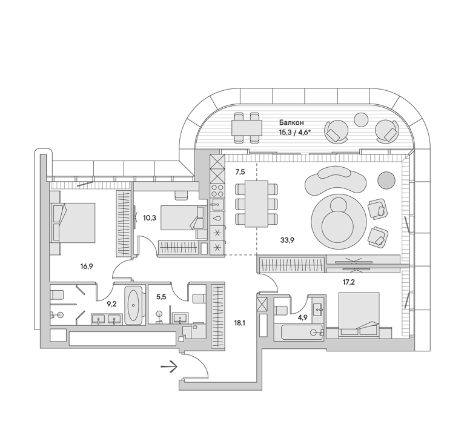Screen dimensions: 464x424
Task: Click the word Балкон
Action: coord(291,122)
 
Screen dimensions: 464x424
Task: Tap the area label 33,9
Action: coord(287,240)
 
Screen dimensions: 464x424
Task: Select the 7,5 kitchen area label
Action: coord(240,171)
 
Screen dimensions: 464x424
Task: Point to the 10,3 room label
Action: coord(150,218)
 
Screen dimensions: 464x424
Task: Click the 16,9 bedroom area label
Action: coord(87,267)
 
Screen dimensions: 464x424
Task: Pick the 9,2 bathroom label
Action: coord(111,304)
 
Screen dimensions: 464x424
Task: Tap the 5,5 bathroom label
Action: coord(161,297)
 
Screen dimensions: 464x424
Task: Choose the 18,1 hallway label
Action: coord(239,323)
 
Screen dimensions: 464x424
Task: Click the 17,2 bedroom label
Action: coord(348,282)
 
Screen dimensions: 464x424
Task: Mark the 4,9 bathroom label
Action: coord(303,318)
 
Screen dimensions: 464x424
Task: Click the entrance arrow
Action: coord(169,367)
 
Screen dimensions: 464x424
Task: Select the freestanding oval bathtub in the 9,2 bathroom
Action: coord(134,305)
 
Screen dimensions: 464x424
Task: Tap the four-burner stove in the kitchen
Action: coord(217,190)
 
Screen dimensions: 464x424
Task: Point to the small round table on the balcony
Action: coord(361,119)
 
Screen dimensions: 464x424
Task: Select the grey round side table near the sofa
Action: coord(386,180)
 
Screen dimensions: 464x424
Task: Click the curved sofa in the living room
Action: coord(336,180)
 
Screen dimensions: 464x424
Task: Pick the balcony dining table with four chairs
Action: coord(247,128)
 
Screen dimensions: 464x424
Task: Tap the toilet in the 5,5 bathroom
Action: coord(199,298)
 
